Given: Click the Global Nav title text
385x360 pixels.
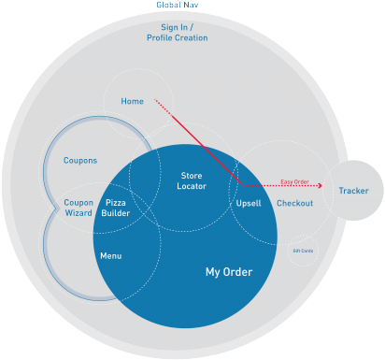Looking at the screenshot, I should click(x=178, y=6).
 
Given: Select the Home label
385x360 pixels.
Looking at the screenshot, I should click(x=132, y=101).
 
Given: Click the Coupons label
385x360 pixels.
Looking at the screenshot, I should click(x=80, y=161).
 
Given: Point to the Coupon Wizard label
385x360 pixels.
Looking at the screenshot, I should click(x=78, y=208).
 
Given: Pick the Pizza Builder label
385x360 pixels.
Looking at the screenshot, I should click(x=117, y=208).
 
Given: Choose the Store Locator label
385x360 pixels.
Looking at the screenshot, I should click(x=192, y=180).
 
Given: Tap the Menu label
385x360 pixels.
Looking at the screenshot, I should click(x=110, y=255).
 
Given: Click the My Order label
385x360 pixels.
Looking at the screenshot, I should click(x=229, y=272).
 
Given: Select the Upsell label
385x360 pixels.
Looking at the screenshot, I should click(x=249, y=203).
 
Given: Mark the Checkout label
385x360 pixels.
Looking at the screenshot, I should click(x=295, y=203).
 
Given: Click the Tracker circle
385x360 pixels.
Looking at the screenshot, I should click(x=353, y=191).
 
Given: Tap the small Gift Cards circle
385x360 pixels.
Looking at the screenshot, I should click(x=303, y=251).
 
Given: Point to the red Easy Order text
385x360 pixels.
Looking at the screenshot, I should click(x=294, y=181).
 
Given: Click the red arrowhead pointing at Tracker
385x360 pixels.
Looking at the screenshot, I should click(x=320, y=186).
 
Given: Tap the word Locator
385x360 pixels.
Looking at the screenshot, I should click(x=192, y=186).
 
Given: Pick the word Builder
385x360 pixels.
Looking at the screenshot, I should click(x=117, y=213).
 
